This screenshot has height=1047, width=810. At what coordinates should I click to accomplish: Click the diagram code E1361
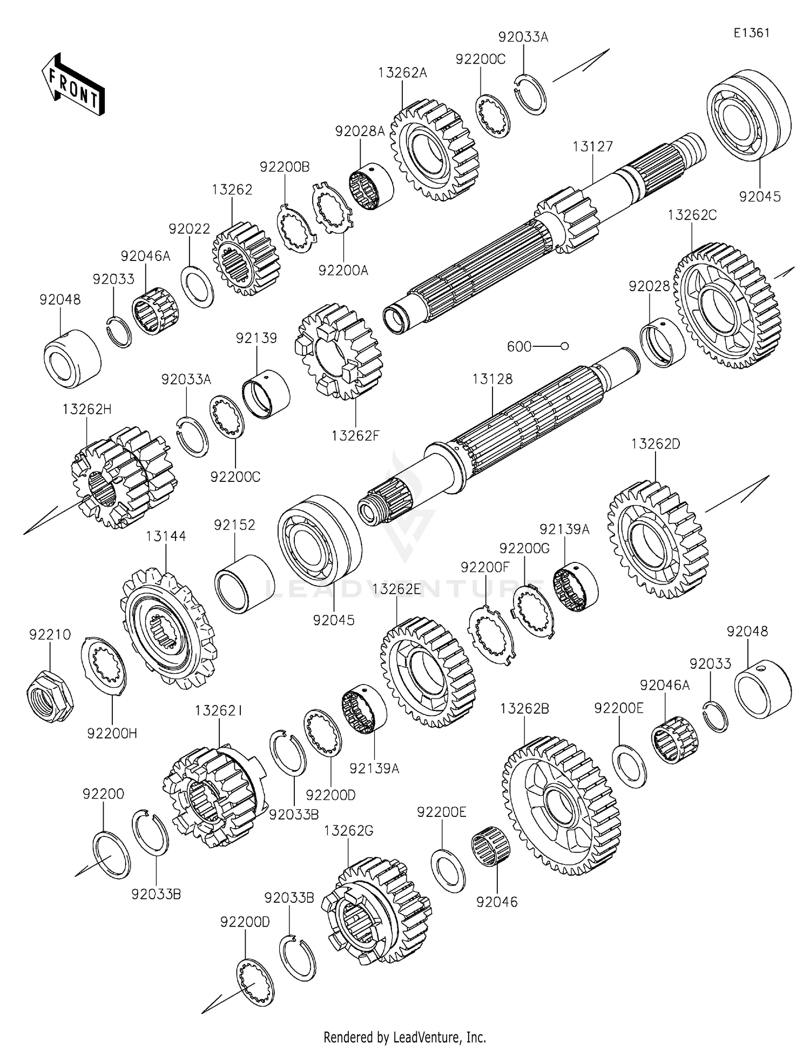click(751, 32)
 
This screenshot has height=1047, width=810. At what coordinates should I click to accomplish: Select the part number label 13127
click(593, 146)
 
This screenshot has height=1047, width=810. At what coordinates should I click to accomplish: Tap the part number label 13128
click(492, 379)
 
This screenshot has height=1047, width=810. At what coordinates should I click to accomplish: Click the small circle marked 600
click(564, 346)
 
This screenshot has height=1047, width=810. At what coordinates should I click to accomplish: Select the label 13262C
click(692, 215)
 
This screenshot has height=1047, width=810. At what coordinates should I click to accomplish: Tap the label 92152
click(234, 525)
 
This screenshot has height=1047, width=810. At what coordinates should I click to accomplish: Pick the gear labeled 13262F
click(339, 351)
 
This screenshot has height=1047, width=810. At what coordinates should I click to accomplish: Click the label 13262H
click(86, 409)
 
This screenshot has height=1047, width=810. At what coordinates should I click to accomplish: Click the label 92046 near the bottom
click(497, 902)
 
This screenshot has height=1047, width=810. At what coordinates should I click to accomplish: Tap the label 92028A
click(360, 131)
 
